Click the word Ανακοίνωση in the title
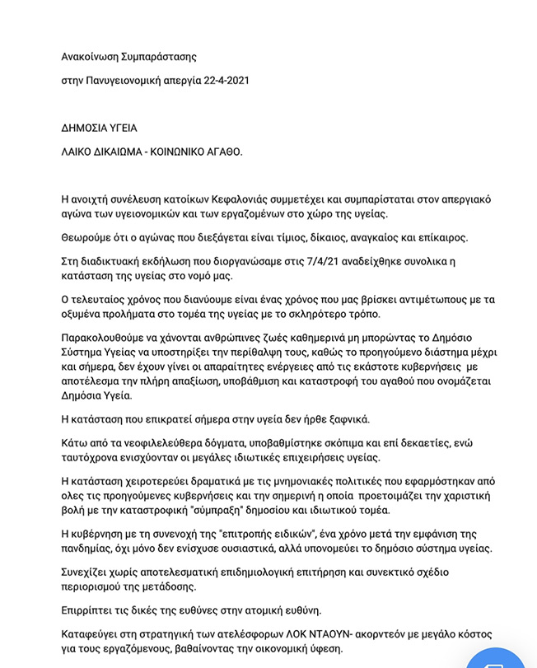[x=91, y=57]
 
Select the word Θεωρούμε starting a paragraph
[x=87, y=237]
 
